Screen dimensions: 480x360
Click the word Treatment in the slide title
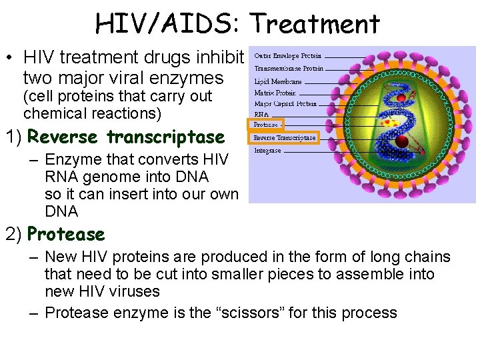tap(315, 25)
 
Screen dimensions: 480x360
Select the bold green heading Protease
tap(66, 235)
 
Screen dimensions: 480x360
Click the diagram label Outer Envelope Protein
tap(288, 56)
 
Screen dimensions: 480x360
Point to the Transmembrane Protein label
tap(289, 69)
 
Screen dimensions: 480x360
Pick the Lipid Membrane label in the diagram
tap(278, 81)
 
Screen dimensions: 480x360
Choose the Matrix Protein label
tap(275, 93)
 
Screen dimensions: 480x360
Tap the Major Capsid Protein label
tap(285, 104)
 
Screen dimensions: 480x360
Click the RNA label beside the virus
tap(261, 114)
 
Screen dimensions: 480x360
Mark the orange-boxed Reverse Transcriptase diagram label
tap(285, 138)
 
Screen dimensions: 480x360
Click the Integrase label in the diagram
tap(268, 151)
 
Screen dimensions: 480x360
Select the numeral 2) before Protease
tap(14, 235)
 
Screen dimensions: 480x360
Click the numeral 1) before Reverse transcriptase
tap(14, 137)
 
